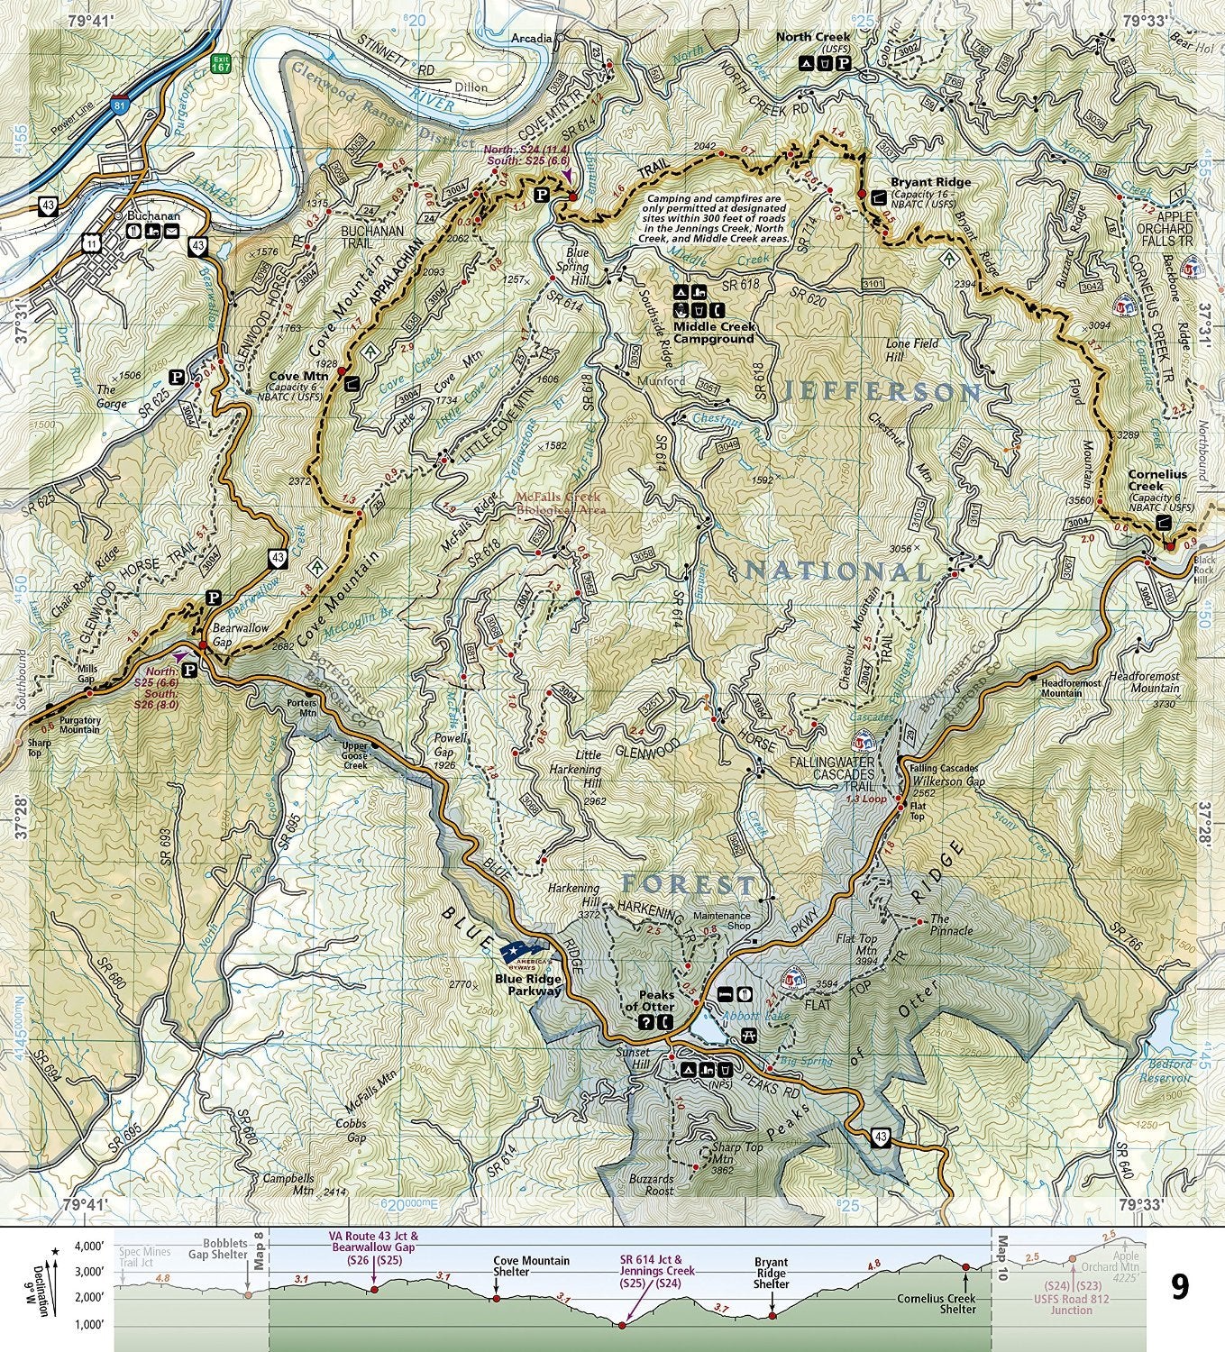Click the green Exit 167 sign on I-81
(218, 64)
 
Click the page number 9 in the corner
(1179, 1286)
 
